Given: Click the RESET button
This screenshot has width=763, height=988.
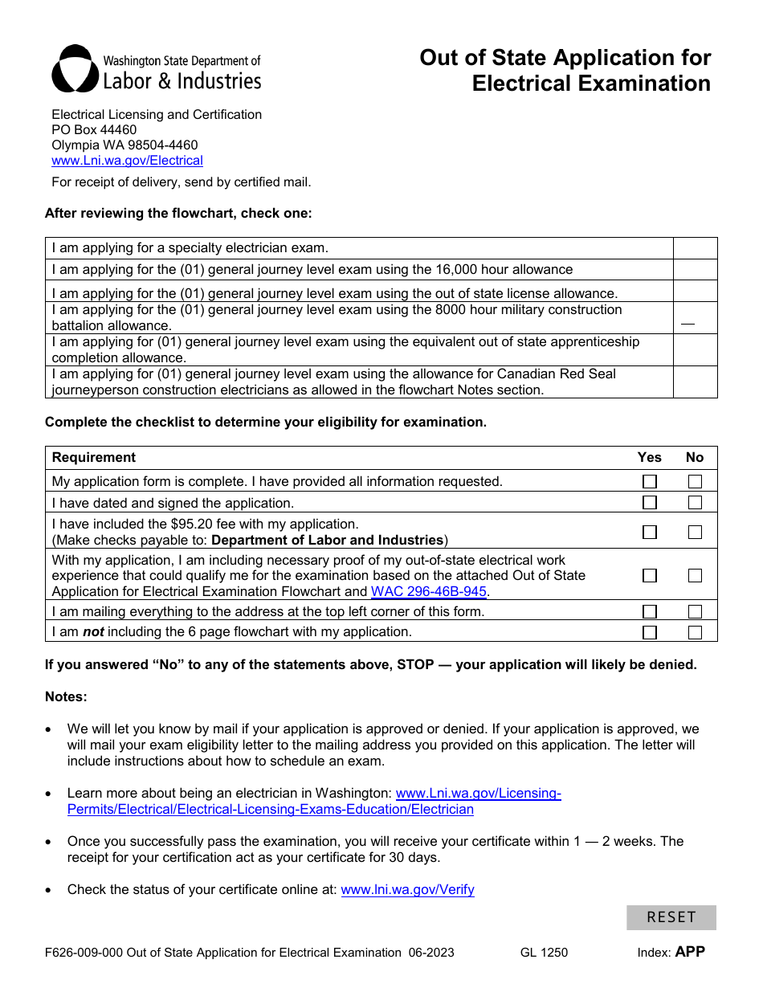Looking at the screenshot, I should pos(671,917).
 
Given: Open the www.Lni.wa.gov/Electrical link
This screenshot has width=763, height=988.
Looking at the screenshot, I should pos(127,161).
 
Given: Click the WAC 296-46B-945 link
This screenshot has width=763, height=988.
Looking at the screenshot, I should pos(428,592).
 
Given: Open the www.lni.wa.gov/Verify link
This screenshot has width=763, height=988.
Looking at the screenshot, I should pos(407,890).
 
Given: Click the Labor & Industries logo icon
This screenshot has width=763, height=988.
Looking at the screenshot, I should pos(75,69).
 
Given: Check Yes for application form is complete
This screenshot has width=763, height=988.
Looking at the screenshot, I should pos(650,482).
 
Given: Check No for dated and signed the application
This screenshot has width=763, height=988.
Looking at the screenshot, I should pos(695,503).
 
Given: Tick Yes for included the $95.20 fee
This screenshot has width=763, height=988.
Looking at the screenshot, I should pos(650,533).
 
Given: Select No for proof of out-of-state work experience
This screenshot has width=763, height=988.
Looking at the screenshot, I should pos(695,576).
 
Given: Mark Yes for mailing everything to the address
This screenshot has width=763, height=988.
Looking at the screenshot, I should pos(650,612).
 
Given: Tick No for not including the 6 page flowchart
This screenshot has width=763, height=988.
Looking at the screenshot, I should pos(695,632).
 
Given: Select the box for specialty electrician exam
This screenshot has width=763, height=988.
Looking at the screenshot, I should pos(695,248).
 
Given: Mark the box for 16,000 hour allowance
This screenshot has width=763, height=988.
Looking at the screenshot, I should pos(695,270).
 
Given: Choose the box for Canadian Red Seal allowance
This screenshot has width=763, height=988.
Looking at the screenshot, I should pos(695,382).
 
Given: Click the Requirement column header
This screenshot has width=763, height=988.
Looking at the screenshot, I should pos(94,458).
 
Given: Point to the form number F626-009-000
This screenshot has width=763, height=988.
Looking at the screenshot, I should pos(84,953).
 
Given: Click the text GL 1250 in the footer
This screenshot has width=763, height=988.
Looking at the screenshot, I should pos(544,953).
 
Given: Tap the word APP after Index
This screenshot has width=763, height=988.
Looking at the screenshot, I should pos(690,952).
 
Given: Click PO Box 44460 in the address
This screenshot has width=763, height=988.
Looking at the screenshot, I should pos(94,130).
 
